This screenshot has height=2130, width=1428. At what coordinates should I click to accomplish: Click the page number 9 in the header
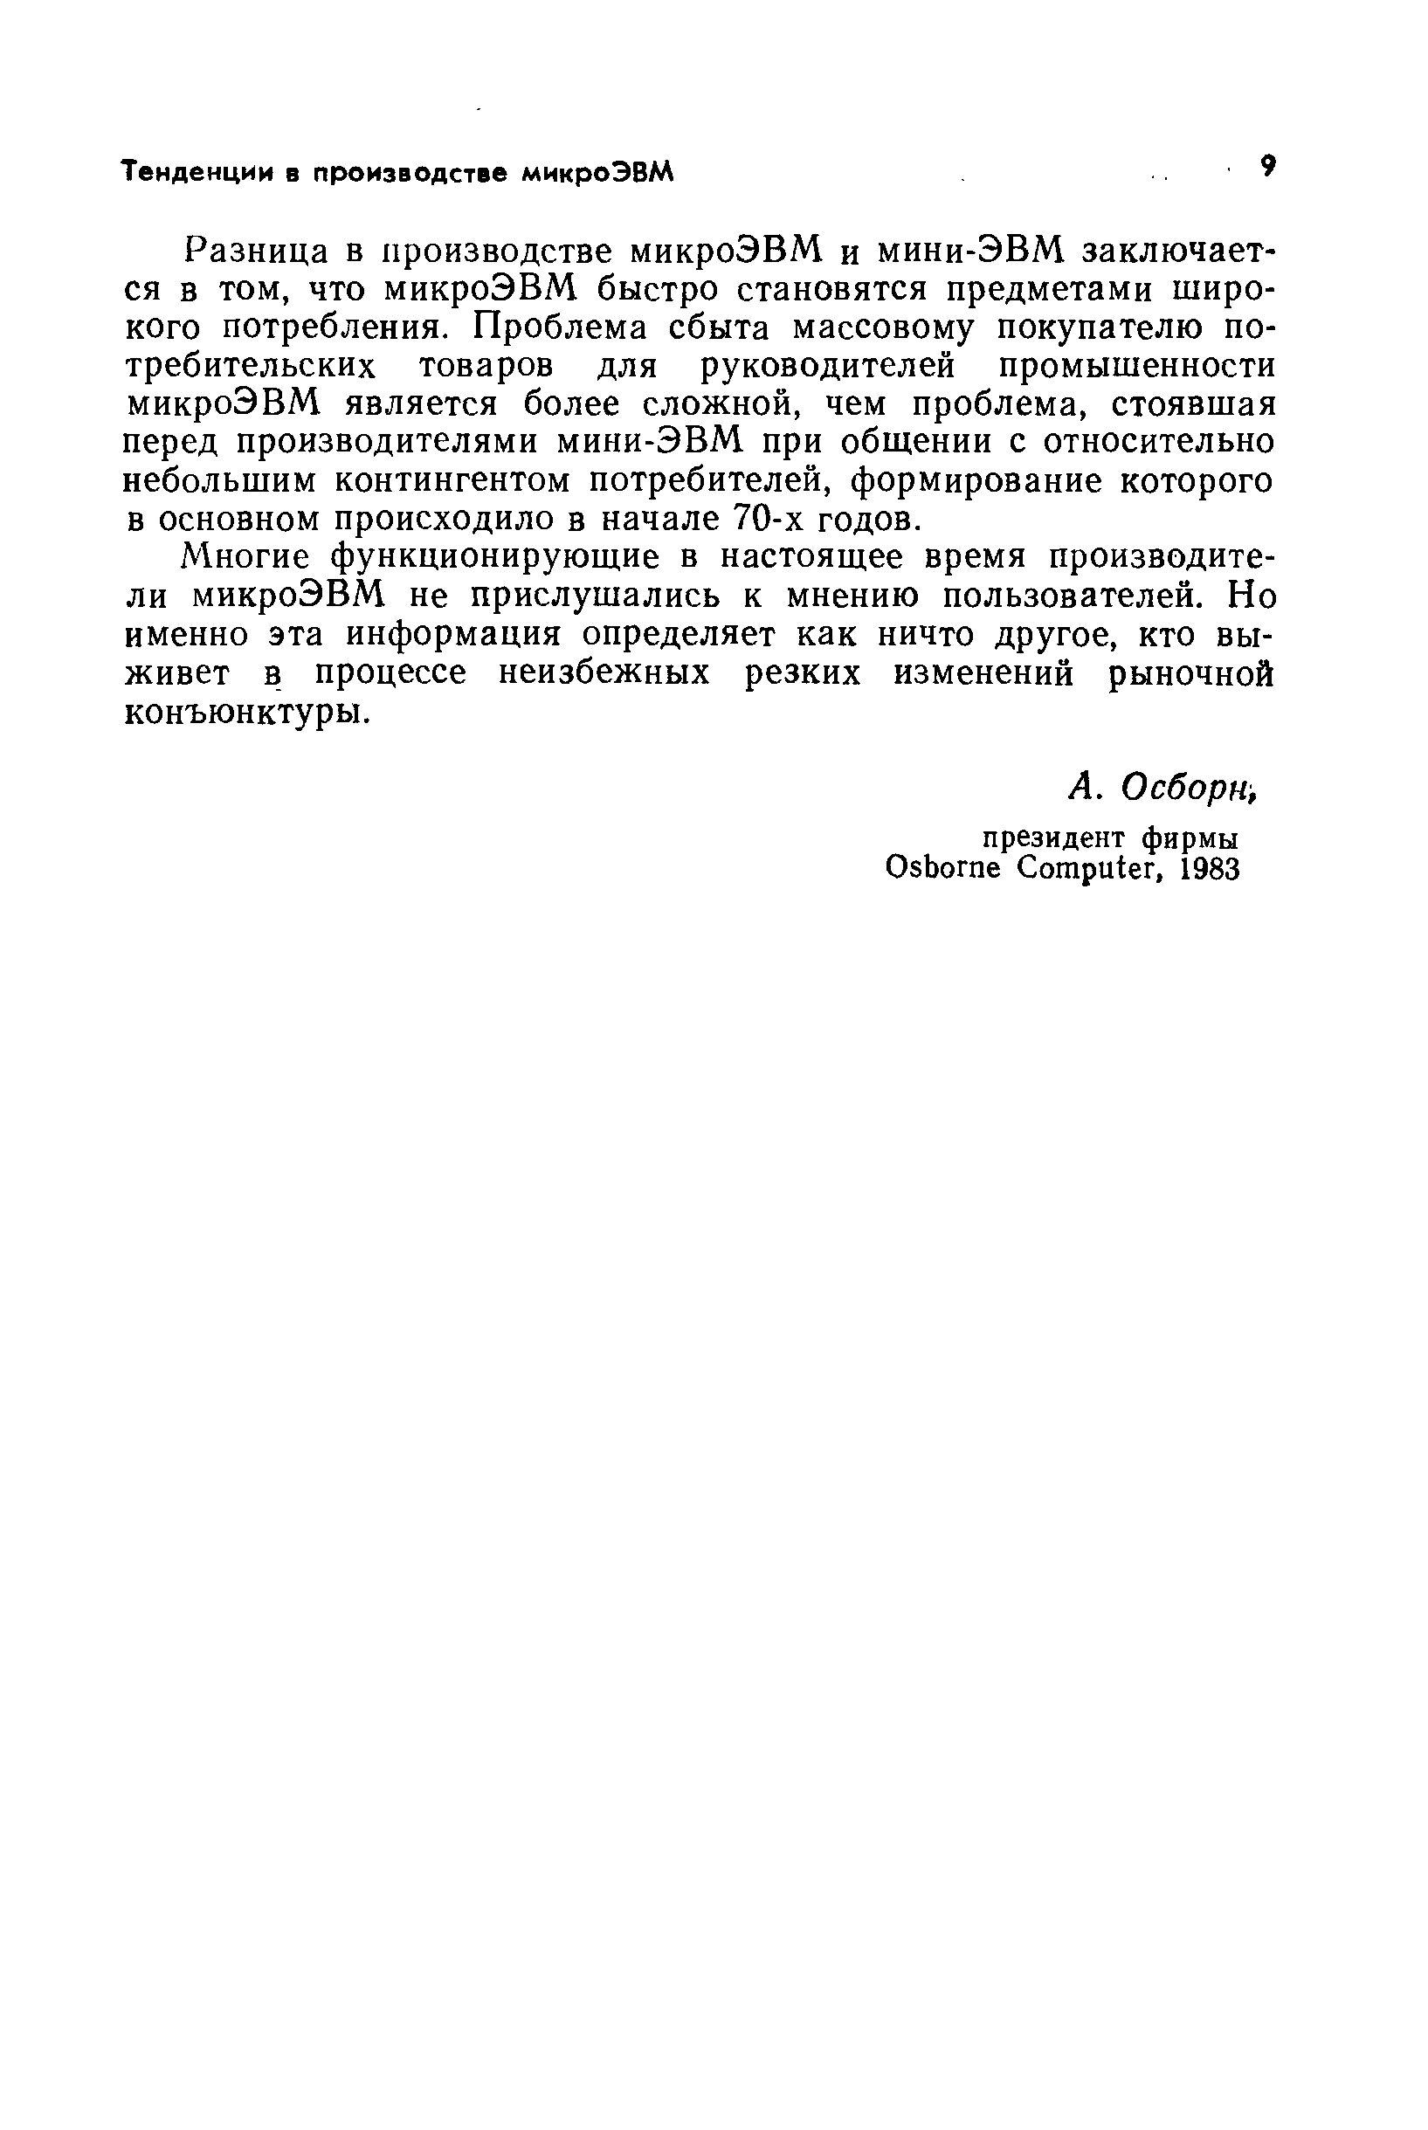(1266, 167)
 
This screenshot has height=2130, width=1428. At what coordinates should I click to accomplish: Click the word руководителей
(828, 366)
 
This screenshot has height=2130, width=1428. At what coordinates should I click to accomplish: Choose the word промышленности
(1136, 366)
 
